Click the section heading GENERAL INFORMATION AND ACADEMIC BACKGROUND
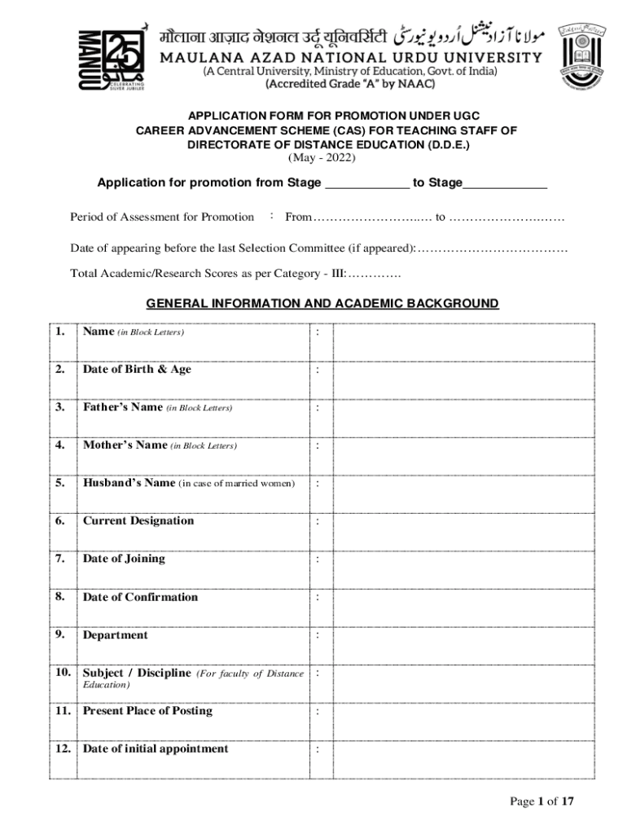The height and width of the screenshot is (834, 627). click(x=322, y=304)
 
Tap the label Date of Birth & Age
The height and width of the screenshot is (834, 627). click(x=137, y=369)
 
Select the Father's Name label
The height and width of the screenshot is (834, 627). click(x=122, y=407)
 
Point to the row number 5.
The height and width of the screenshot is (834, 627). click(x=61, y=483)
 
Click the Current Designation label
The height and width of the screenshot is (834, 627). click(x=138, y=520)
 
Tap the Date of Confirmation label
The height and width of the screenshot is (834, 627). click(x=140, y=597)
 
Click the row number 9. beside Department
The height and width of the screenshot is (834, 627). click(x=61, y=634)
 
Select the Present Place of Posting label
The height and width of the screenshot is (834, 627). click(x=147, y=711)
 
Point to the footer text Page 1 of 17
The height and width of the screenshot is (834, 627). click(x=541, y=801)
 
